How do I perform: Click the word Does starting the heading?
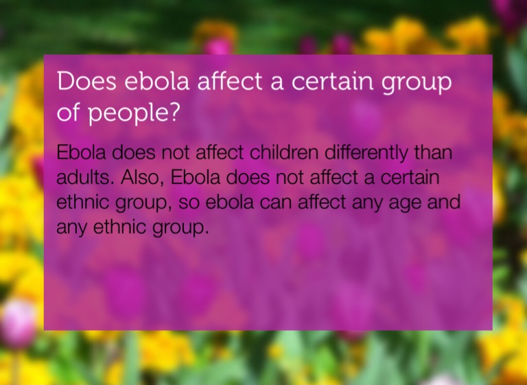pos(86,81)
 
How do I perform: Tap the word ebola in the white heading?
pos(157,81)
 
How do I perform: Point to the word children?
pos(283,152)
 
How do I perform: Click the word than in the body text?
pos(433,152)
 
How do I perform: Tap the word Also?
pos(139,178)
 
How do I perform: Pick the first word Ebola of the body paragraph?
pos(81,152)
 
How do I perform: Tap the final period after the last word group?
pos(207,233)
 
